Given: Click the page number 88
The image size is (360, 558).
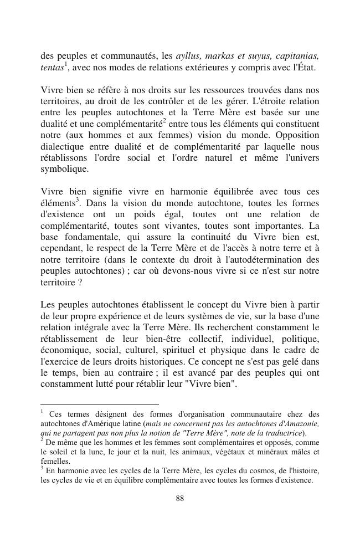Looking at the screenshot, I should (179, 498).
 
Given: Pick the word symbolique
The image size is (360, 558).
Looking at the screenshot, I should (64, 169).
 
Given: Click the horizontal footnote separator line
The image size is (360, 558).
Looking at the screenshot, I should (100, 405).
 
